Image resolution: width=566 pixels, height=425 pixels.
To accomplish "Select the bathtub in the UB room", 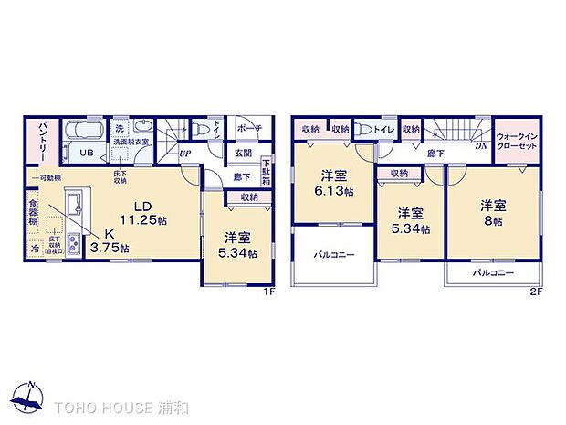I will tap(84, 130).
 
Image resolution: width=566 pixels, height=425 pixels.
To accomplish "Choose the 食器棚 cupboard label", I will tap(33, 212).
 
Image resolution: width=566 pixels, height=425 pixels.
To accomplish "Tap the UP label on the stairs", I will tap(184, 153).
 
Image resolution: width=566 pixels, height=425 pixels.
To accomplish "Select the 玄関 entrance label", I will tap(242, 153).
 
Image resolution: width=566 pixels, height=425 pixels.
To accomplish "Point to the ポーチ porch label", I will tap(248, 129).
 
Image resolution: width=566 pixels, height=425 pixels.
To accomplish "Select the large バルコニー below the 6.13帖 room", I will tap(334, 254).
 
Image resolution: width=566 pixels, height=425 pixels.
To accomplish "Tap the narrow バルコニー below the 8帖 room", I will tap(493, 272).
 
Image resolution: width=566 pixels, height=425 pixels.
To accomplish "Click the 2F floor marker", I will tap(537, 292).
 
